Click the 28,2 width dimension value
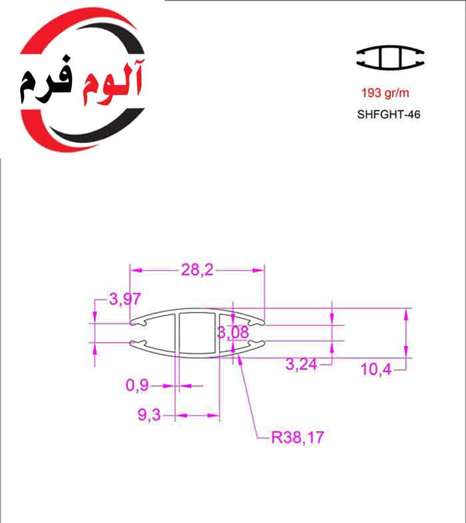198,269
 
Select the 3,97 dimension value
124,299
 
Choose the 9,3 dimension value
150,415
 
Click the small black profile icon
390,58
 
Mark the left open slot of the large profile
138,333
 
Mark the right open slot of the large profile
257,333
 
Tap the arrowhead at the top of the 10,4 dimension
405,313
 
